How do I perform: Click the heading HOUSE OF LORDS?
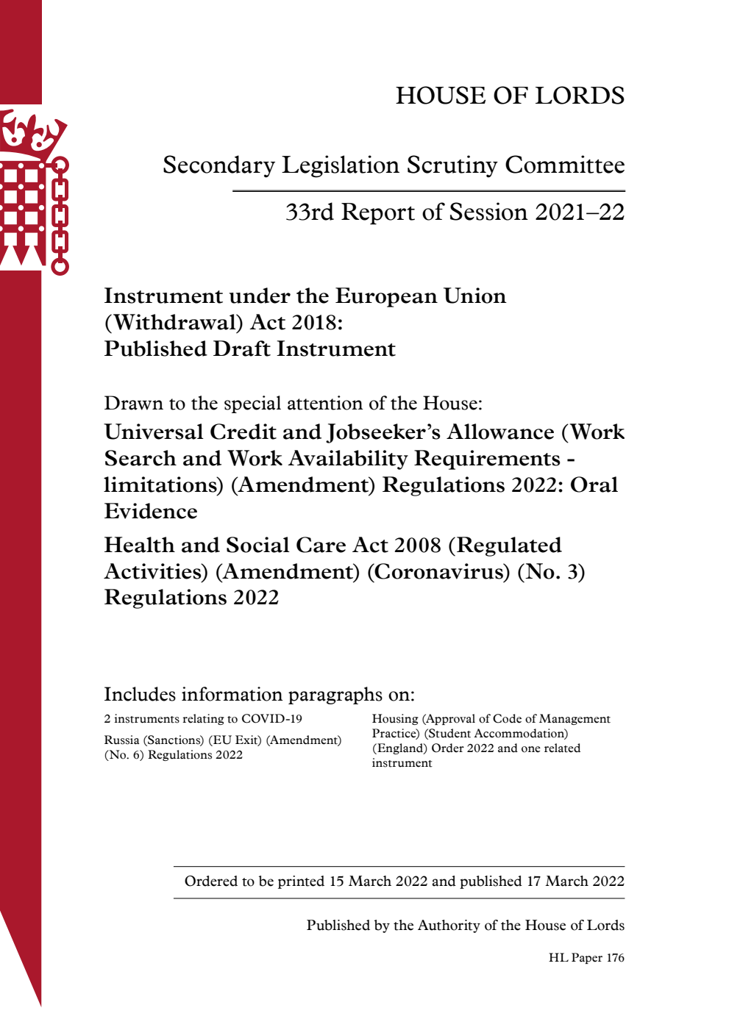coord(510,96)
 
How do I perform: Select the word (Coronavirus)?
coord(438,572)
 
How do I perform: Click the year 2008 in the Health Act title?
coord(418,546)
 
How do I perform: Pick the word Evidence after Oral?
coord(151,512)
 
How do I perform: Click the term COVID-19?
coord(271,719)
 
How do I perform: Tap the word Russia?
coord(121,740)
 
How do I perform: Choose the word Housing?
coord(395,719)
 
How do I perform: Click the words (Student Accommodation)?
coord(496,734)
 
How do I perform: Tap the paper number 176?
coord(615,958)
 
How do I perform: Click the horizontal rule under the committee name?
coord(429,191)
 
